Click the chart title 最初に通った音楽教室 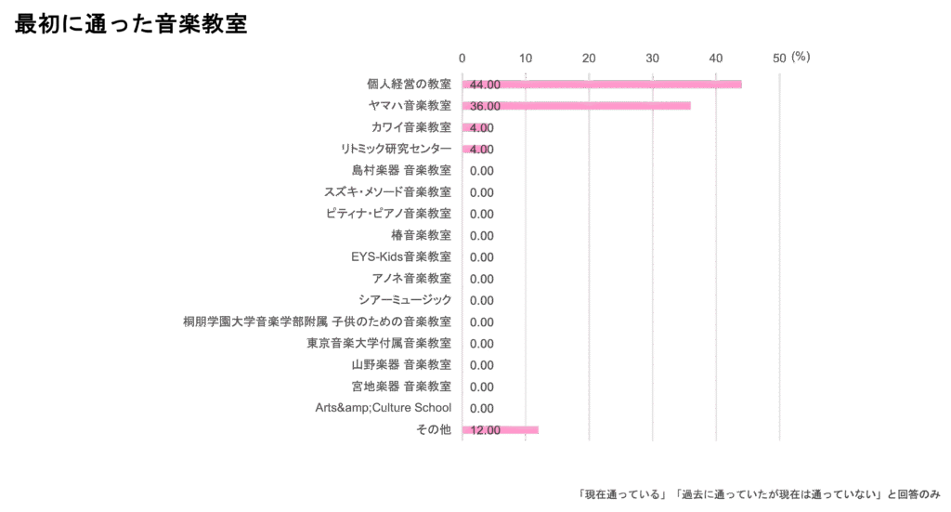(x=131, y=25)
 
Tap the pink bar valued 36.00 (x=576, y=106)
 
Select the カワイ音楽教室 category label (x=410, y=127)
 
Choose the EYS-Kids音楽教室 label (x=401, y=256)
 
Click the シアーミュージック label (x=405, y=300)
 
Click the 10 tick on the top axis (x=526, y=59)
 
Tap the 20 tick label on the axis (x=589, y=59)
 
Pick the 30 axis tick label (x=652, y=59)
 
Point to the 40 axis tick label (x=715, y=59)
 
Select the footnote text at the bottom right (x=760, y=493)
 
